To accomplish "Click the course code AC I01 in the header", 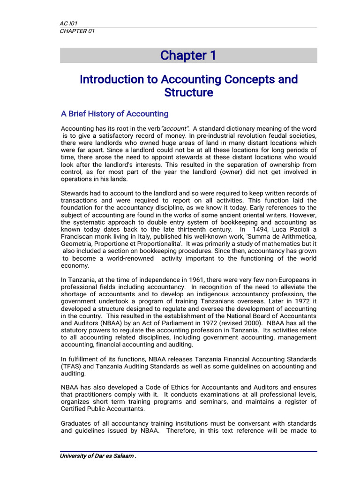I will (68, 23).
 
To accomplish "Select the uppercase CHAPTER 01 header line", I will (74, 31).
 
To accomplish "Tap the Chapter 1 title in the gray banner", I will (188, 55).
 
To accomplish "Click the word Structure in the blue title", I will (188, 93).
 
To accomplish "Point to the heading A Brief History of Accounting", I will (115, 114).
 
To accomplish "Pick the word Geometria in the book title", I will (76, 244).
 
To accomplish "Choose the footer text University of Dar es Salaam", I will (97, 457).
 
